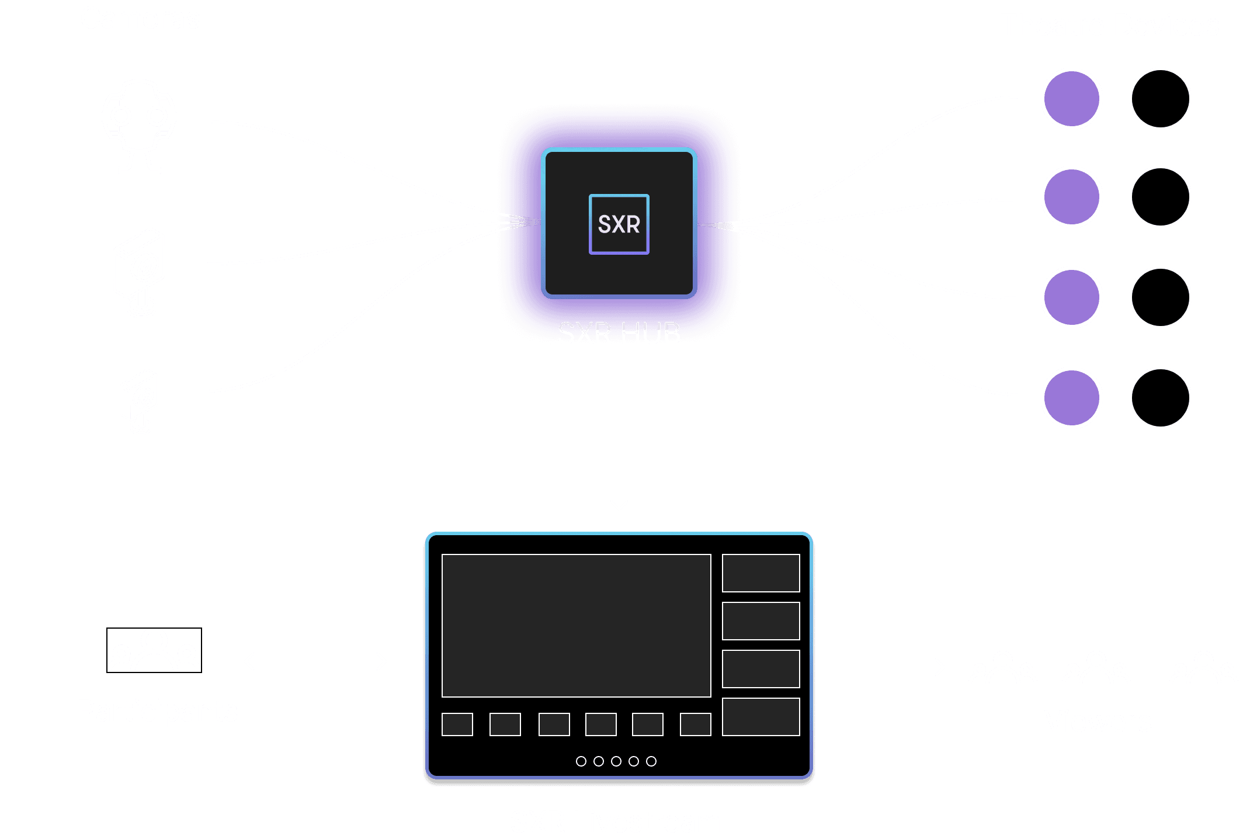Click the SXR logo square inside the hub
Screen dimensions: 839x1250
point(619,224)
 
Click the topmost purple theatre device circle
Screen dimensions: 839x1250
point(1071,99)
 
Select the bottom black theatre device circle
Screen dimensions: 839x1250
point(1160,398)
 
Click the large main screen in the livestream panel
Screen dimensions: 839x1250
point(576,625)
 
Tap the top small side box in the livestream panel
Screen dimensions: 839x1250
point(761,573)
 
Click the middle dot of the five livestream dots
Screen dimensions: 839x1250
point(616,761)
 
